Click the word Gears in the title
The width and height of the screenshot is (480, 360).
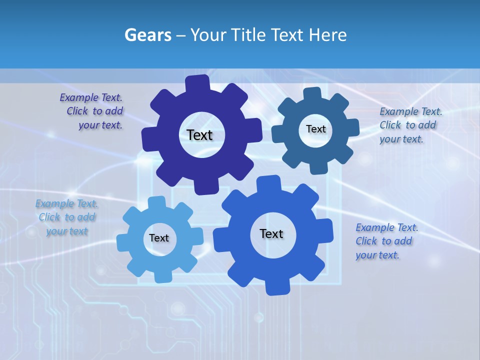tap(147, 35)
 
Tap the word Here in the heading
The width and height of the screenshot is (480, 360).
tap(328, 35)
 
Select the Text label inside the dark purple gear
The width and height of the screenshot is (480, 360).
tap(199, 135)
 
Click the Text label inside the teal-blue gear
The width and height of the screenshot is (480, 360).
tap(315, 129)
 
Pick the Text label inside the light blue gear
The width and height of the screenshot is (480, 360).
tap(159, 238)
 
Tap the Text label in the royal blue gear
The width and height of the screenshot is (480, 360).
tap(271, 233)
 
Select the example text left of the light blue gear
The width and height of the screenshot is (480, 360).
tap(66, 217)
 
